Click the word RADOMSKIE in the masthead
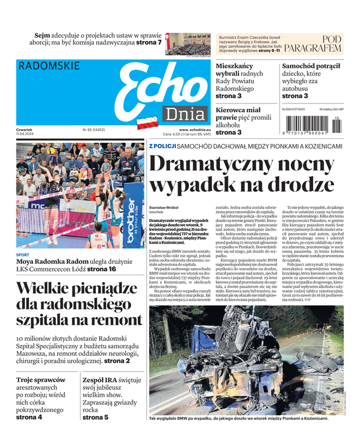48,66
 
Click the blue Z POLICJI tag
162,146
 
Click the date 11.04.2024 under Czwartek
26,134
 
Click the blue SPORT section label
23,255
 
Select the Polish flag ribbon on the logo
148,123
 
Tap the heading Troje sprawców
41,380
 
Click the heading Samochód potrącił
311,66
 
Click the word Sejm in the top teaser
43,35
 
